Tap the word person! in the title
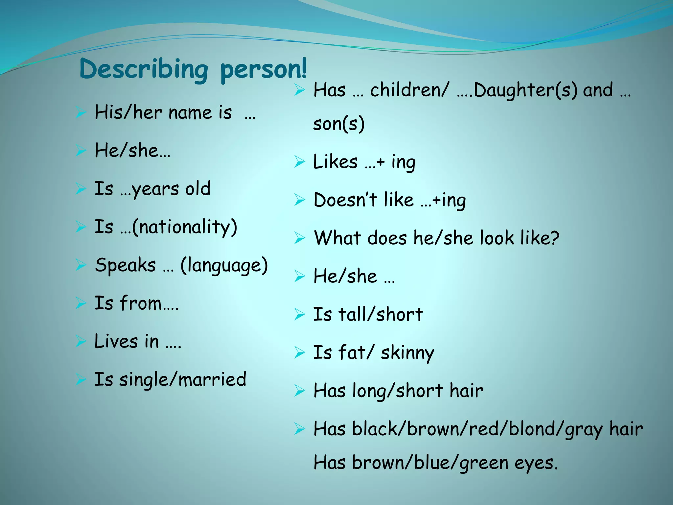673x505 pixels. pyautogui.click(x=263, y=69)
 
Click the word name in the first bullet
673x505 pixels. pyautogui.click(x=190, y=113)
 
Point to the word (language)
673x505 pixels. pyautogui.click(x=224, y=266)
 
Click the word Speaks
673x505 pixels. pyautogui.click(x=125, y=265)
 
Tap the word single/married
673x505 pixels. pyautogui.click(x=182, y=380)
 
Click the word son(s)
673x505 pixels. pyautogui.click(x=339, y=124)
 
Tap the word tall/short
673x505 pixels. pyautogui.click(x=381, y=314)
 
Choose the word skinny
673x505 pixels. pyautogui.click(x=407, y=353)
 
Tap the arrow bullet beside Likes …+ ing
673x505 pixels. pyautogui.click(x=299, y=162)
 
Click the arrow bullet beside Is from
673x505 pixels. pyautogui.click(x=81, y=303)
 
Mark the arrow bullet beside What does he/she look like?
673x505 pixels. pyautogui.click(x=299, y=238)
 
